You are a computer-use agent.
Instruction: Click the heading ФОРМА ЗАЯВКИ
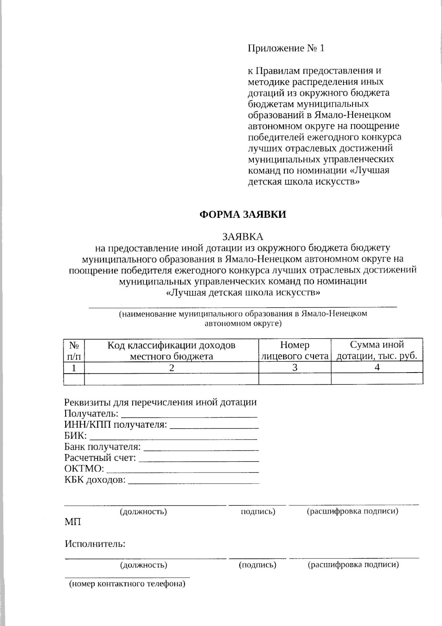tap(242, 215)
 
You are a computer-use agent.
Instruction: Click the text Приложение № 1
tap(286, 48)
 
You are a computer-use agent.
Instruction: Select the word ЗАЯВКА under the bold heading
tap(242, 236)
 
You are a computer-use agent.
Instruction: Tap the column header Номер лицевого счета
tap(295, 350)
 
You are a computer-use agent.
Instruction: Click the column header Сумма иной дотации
tap(377, 350)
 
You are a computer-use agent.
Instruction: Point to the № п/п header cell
tap(74, 350)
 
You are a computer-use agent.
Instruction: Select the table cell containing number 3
tap(295, 367)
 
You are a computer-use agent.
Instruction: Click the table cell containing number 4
tap(377, 367)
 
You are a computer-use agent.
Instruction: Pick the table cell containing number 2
tap(171, 367)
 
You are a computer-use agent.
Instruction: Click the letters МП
tap(73, 522)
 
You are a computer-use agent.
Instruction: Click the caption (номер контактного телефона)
tap(127, 584)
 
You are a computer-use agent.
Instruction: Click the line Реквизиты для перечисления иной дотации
tap(160, 402)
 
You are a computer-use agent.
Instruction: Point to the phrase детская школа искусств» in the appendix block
tap(303, 181)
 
